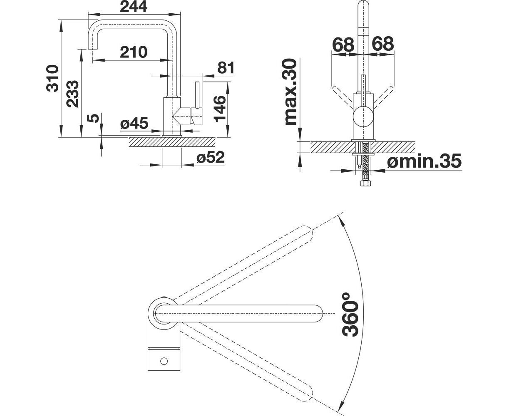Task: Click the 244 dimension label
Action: (x=134, y=7)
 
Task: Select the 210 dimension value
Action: (x=134, y=52)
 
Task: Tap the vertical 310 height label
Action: (x=52, y=78)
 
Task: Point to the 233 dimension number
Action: (x=73, y=94)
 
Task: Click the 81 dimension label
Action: (x=226, y=68)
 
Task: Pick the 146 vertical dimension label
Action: (x=219, y=109)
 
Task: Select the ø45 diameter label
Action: (x=134, y=123)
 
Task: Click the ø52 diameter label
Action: (x=211, y=157)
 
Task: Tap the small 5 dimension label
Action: (x=94, y=118)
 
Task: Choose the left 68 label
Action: (x=343, y=44)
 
